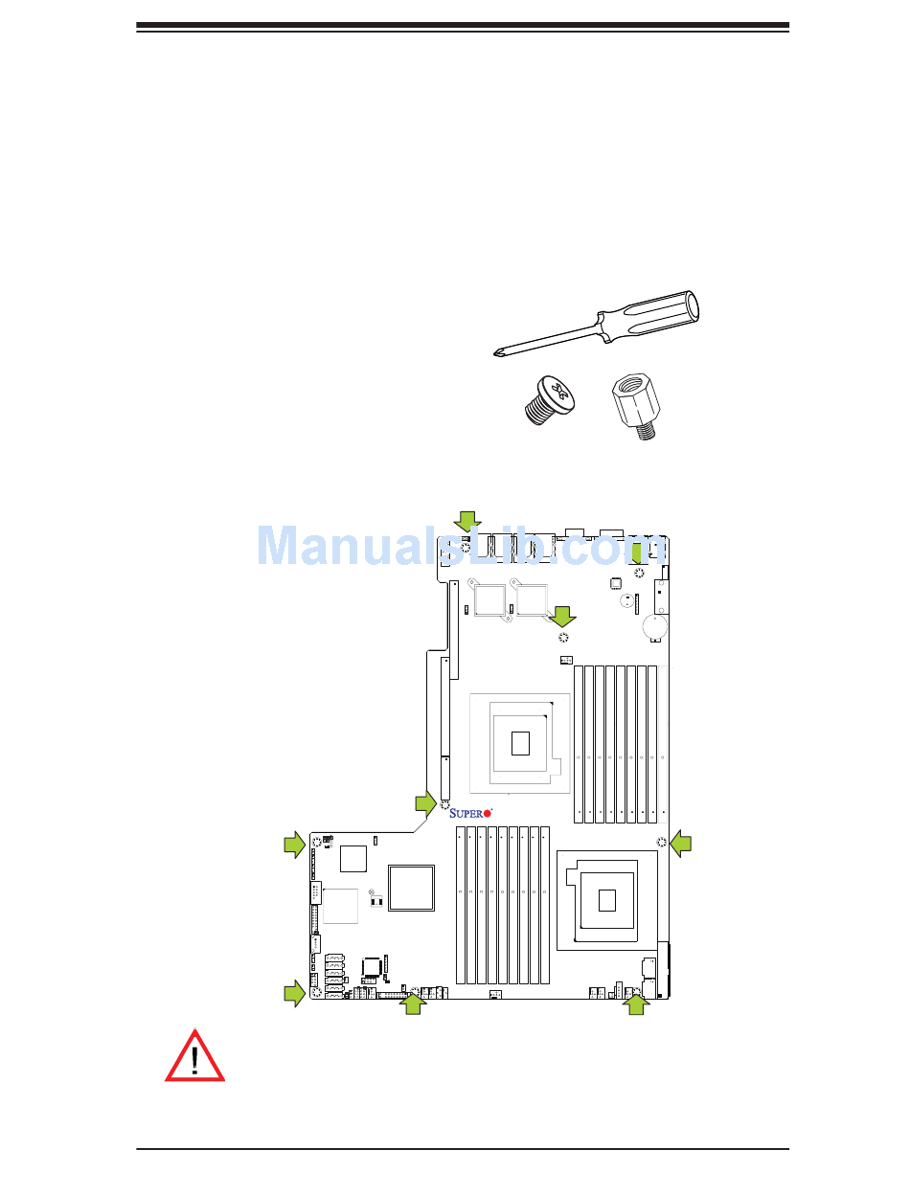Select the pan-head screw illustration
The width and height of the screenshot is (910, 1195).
549,399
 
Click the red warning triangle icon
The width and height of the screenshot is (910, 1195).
194,1058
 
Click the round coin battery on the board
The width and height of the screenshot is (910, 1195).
653,626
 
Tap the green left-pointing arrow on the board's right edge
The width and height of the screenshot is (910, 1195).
680,843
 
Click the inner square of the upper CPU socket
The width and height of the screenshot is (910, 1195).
519,742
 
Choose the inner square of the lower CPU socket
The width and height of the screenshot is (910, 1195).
607,900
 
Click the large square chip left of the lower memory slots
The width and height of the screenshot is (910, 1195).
411,889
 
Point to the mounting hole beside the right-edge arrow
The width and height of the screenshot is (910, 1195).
661,843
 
